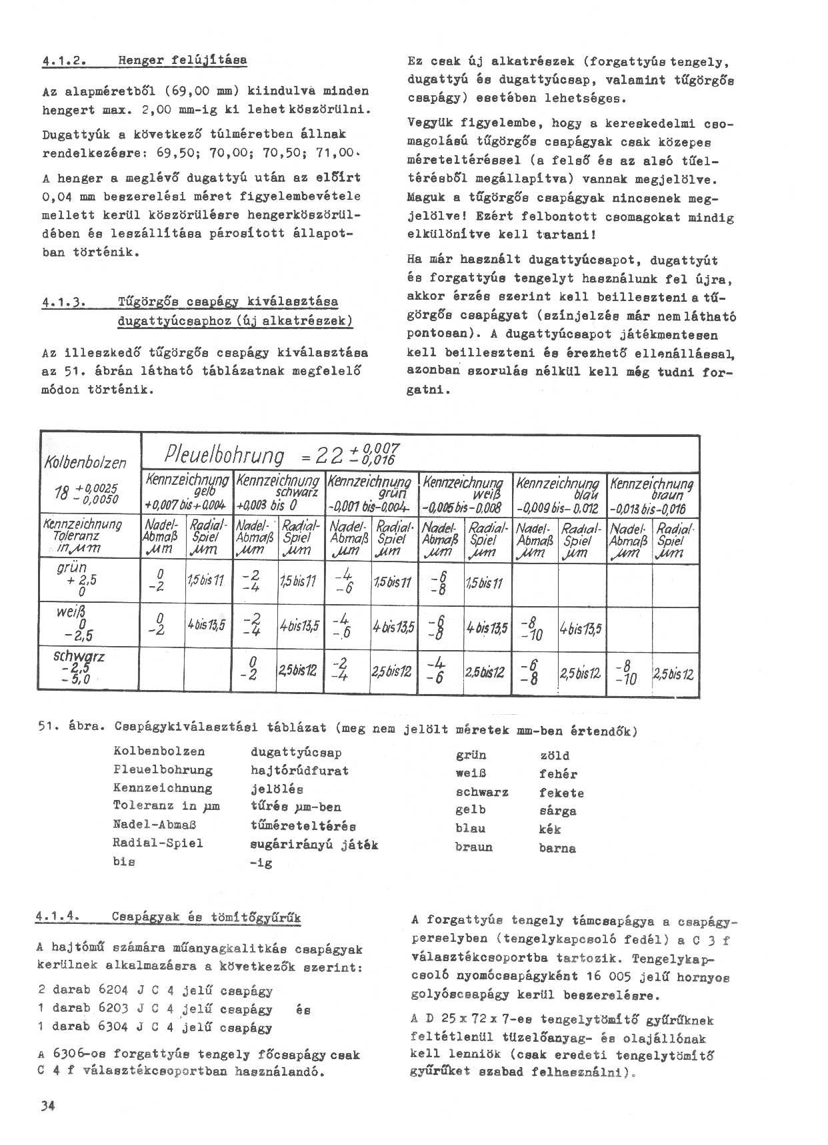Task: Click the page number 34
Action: [x=46, y=1106]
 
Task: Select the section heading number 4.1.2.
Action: [x=61, y=60]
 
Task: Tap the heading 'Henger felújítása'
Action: [x=182, y=60]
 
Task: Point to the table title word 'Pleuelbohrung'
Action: [x=225, y=456]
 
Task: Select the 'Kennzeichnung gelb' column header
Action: [x=187, y=492]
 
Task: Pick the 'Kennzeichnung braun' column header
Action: [x=652, y=494]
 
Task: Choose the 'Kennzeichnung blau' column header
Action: [x=559, y=494]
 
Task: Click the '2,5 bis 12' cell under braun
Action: [x=674, y=674]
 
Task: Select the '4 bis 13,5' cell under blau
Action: [x=581, y=627]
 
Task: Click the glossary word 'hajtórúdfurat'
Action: [x=299, y=771]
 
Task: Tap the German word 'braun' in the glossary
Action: [x=473, y=847]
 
